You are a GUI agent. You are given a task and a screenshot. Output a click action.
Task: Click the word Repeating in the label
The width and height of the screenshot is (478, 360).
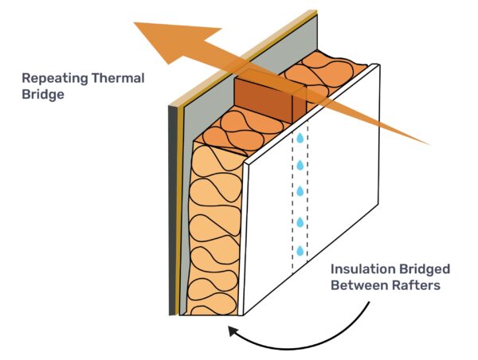53,78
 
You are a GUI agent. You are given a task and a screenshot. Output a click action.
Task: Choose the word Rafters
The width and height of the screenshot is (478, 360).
422,285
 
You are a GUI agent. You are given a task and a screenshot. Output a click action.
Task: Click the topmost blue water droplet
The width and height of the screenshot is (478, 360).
300,138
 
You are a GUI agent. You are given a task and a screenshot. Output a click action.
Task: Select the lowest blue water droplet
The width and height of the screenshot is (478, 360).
300,252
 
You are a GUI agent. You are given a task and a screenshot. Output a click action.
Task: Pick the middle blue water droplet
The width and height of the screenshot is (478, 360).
300,192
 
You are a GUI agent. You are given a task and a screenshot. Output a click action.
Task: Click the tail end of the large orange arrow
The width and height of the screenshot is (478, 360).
426,143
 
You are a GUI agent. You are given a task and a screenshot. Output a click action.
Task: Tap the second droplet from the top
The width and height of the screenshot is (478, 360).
300,165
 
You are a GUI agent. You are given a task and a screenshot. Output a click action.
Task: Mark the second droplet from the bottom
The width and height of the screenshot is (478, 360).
300,222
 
